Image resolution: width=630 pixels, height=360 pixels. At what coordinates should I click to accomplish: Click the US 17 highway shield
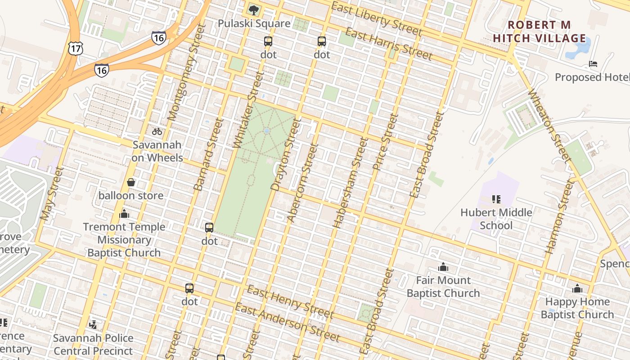coord(74,48)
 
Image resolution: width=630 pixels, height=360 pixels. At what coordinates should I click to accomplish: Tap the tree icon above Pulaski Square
coord(254,10)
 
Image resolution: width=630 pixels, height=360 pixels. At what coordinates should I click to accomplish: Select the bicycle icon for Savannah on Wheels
coord(157,131)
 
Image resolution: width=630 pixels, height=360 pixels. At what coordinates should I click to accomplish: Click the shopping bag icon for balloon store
coord(131,182)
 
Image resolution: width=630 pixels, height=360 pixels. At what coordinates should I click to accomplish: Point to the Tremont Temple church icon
coord(124,214)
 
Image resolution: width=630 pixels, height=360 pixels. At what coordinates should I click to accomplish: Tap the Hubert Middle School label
coord(496,219)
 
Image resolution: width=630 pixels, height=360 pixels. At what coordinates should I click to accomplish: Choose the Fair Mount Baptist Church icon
coord(443,267)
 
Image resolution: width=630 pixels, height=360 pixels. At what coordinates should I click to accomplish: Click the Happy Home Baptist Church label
coord(577,308)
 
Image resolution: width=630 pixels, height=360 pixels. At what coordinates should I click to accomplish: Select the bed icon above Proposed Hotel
coord(593,64)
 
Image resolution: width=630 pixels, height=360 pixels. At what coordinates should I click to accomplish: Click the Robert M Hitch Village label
coord(539,31)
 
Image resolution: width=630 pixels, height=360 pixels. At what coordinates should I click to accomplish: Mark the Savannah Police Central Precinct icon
coord(93,324)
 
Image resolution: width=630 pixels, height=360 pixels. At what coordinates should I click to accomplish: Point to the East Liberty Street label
coord(377,18)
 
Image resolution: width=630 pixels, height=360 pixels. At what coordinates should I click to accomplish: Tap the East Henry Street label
coord(290,301)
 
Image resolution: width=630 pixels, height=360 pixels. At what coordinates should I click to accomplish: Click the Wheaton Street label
coord(550,126)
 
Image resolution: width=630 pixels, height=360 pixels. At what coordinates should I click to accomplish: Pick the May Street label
coord(51,193)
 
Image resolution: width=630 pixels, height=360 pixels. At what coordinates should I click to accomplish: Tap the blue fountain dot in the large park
coord(267,131)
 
